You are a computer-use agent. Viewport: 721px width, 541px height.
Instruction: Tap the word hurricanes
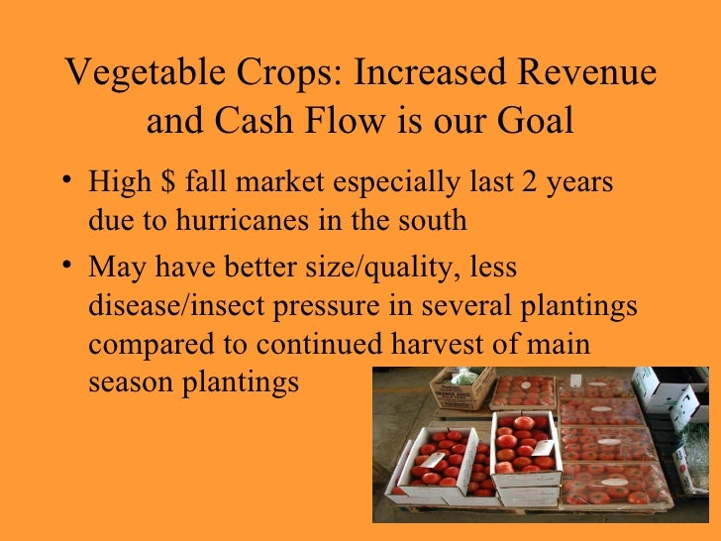click(244, 219)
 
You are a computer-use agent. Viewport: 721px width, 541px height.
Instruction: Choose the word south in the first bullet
click(432, 219)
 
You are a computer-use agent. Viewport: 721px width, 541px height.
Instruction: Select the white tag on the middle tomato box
click(543, 448)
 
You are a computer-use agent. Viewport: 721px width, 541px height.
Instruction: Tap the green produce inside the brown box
click(463, 377)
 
